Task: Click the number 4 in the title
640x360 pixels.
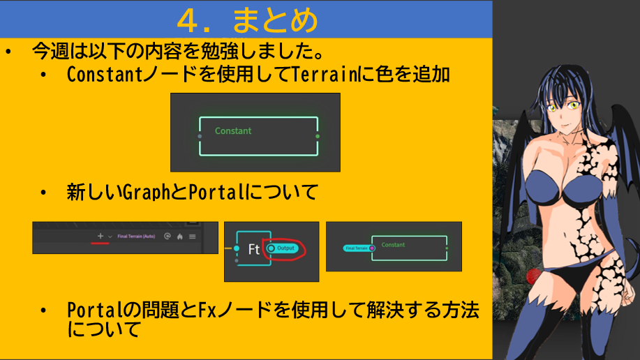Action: (x=188, y=20)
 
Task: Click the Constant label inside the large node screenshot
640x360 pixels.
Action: (x=233, y=131)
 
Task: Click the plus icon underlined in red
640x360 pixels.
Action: (x=101, y=237)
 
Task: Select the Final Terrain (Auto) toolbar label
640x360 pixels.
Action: (x=135, y=237)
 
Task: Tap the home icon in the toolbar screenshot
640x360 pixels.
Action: (x=179, y=237)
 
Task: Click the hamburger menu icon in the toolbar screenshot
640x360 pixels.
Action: (x=192, y=237)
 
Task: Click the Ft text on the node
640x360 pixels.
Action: (x=254, y=249)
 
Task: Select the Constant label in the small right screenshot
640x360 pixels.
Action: (x=393, y=245)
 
